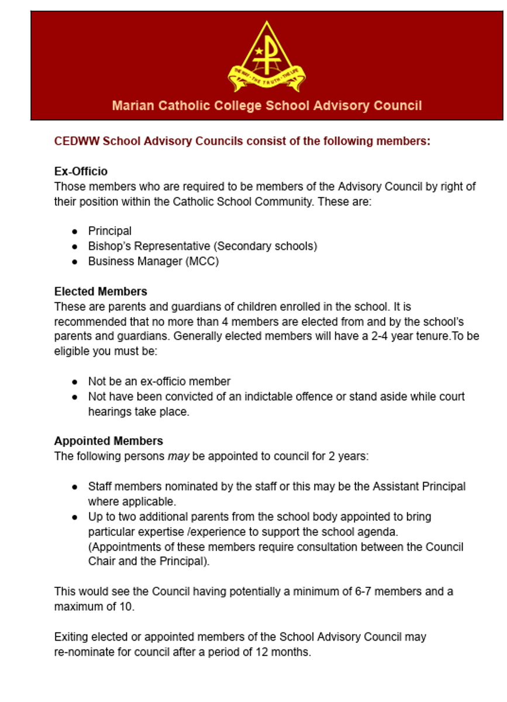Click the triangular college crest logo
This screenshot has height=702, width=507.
(267, 57)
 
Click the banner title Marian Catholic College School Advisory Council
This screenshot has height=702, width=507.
(267, 106)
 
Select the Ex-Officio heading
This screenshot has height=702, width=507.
(81, 171)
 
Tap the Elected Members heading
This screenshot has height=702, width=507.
(101, 291)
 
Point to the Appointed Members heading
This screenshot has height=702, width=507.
(108, 441)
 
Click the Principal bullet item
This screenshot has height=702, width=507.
(110, 231)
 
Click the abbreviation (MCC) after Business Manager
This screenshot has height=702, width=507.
(202, 261)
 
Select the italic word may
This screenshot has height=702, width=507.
(178, 456)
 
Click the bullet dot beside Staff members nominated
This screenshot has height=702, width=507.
(75, 487)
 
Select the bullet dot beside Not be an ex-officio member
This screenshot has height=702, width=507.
(75, 381)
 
